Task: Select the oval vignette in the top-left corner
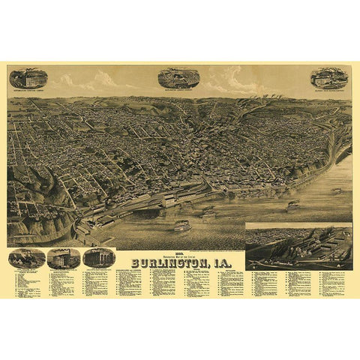coord(27,77)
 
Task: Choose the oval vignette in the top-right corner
coord(330,77)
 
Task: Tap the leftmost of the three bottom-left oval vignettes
coord(25,259)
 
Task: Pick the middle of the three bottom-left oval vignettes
coord(63,259)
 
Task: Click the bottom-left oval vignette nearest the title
coord(99,258)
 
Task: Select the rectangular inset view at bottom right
coord(298,246)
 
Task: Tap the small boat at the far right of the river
coord(337,190)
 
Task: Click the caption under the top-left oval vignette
coord(27,91)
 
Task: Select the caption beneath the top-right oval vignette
coord(330,91)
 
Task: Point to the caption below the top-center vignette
coord(178,92)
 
